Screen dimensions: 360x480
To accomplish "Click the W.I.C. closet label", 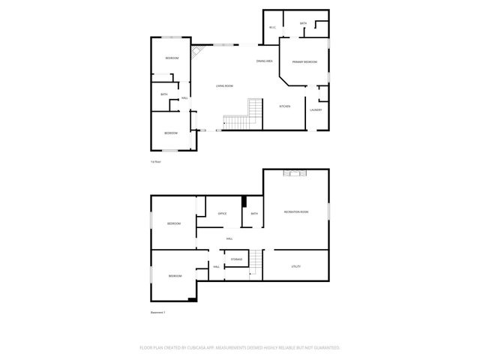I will pyautogui.click(x=272, y=28).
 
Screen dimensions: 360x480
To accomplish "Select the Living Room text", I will pyautogui.click(x=225, y=87).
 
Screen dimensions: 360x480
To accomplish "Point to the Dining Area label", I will pyautogui.click(x=264, y=61).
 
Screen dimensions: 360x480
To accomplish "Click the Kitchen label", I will pyautogui.click(x=285, y=106).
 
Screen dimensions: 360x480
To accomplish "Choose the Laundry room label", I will pyautogui.click(x=316, y=110).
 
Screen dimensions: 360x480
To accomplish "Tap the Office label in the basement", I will pyautogui.click(x=222, y=214).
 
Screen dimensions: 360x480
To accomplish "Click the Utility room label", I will pyautogui.click(x=295, y=266).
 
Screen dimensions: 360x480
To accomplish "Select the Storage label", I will pyautogui.click(x=236, y=259).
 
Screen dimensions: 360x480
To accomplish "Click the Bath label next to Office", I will pyautogui.click(x=254, y=214).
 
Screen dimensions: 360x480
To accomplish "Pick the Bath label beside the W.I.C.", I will pyautogui.click(x=303, y=24).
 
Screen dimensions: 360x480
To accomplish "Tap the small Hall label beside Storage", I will pyautogui.click(x=216, y=267).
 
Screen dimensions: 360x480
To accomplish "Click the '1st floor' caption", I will pyautogui.click(x=156, y=161).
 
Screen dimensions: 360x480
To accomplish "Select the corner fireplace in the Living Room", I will pyautogui.click(x=199, y=53).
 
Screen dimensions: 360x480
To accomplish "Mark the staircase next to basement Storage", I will pyautogui.click(x=256, y=264).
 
